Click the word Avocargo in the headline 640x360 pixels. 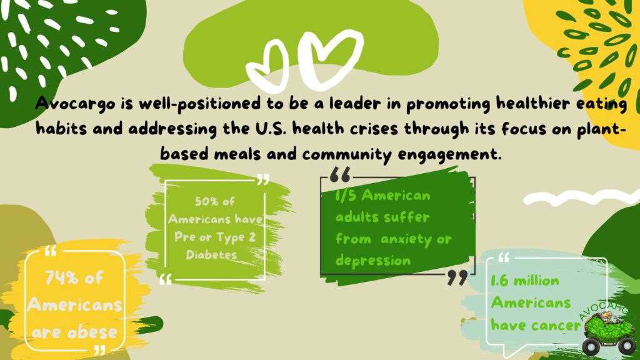coord(75,104)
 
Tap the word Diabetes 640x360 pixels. coord(211,255)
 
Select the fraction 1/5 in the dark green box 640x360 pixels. coord(346,196)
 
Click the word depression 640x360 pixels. coord(372,261)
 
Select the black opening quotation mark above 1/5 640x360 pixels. coord(340,174)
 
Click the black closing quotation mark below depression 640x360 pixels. coord(457,278)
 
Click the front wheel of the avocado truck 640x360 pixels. coord(591,347)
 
